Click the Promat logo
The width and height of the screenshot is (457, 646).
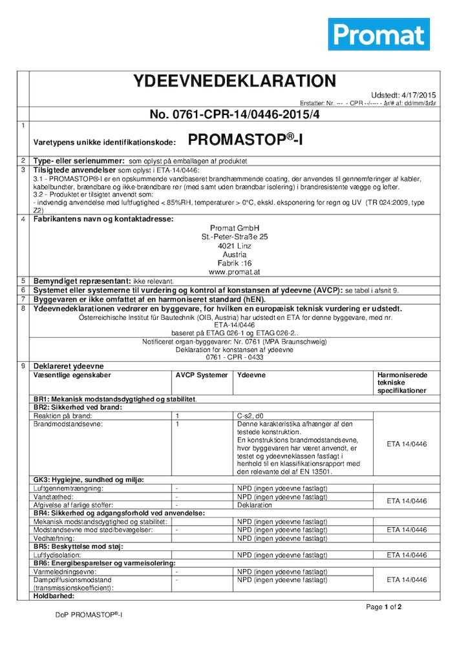coord(379,34)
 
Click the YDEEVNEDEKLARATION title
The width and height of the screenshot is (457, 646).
coord(234,81)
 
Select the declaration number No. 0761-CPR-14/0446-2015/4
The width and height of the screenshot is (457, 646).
coord(235,114)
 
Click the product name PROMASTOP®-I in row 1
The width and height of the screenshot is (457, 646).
coord(248,139)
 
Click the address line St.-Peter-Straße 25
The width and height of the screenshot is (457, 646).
coord(235,237)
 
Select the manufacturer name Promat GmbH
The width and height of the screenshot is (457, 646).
coord(235,228)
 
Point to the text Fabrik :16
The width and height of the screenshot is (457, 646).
coord(235,264)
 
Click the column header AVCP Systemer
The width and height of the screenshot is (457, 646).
coord(202,375)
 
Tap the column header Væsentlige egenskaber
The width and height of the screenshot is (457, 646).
coord(72,375)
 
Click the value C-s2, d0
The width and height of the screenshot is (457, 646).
coord(250,416)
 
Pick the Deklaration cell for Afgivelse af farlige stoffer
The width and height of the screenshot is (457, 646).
coord(255,505)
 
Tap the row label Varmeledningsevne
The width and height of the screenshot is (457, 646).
coord(61,572)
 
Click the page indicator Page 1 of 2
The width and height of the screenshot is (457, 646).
coord(384,607)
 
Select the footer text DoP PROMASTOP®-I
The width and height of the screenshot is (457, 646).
coord(89,614)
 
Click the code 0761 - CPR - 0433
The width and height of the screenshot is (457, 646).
coord(235,357)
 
